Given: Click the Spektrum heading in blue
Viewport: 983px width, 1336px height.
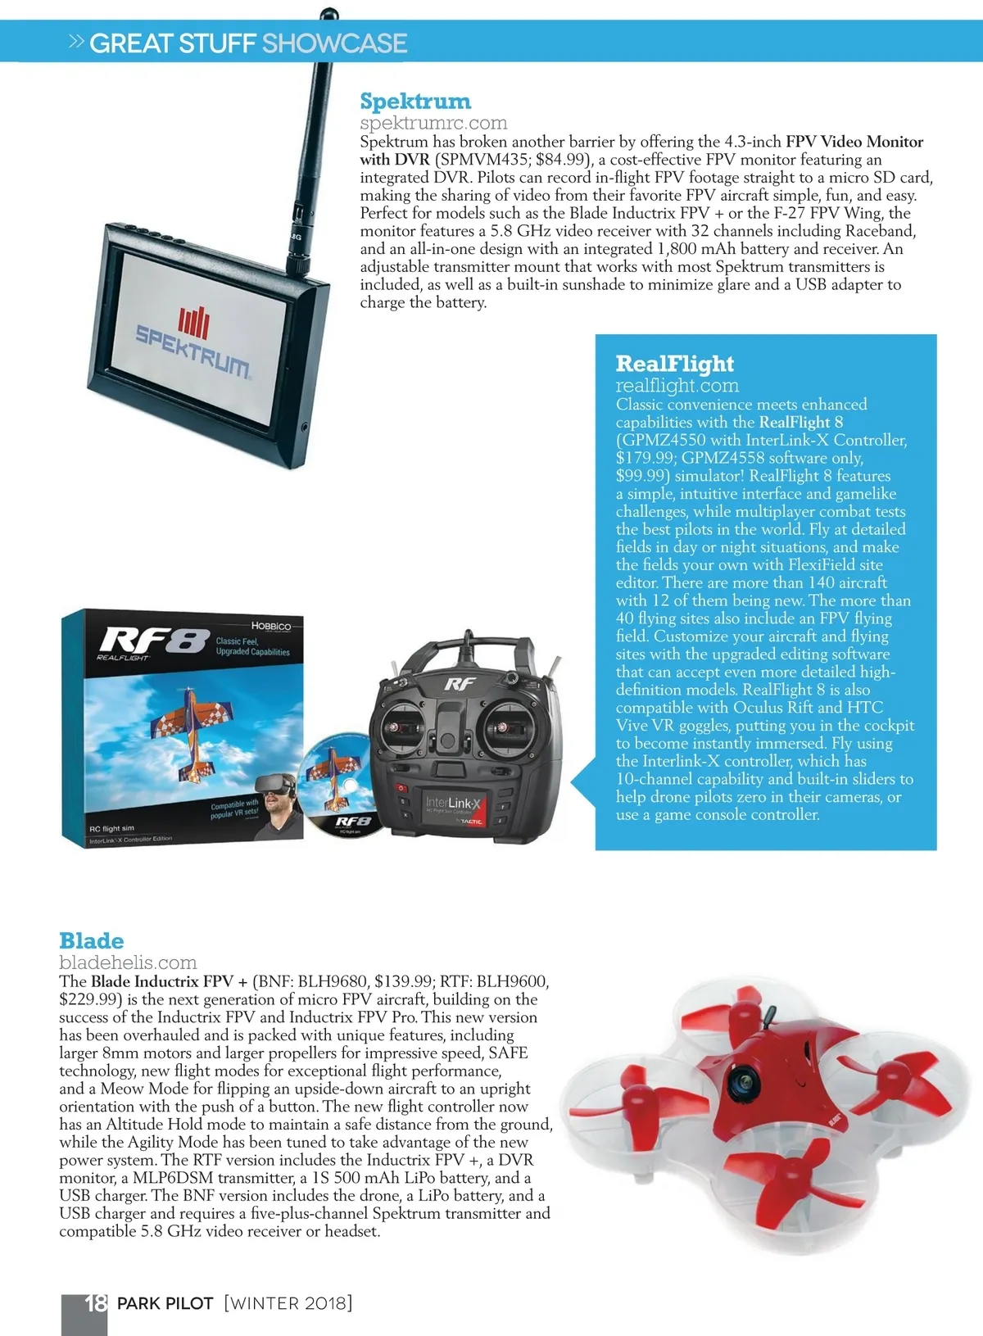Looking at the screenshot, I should click(415, 102).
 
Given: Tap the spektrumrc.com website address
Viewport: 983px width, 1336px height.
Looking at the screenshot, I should click(433, 123).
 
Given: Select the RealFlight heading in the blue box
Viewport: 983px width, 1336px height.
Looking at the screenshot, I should click(674, 364).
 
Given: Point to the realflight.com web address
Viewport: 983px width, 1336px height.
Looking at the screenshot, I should click(677, 386).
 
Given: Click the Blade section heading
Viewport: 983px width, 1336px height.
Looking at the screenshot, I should click(91, 940).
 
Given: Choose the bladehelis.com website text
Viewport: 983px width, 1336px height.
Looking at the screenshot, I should click(128, 962).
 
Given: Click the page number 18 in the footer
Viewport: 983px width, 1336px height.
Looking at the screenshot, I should click(96, 1302).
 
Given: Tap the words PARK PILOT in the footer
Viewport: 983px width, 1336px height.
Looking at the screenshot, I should click(165, 1303).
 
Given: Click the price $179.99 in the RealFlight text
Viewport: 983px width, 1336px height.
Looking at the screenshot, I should click(646, 458).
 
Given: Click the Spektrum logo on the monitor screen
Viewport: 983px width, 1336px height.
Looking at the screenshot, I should click(193, 338).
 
